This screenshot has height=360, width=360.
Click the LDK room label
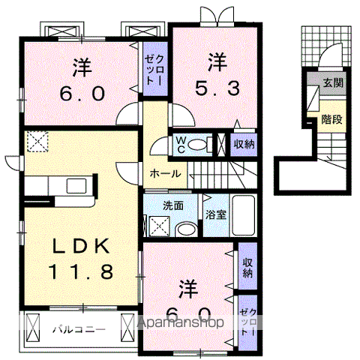(81, 246)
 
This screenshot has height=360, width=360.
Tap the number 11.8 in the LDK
(81, 271)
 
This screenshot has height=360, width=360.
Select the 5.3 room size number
(217, 88)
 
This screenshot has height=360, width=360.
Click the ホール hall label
(165, 173)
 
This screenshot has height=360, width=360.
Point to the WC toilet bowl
(197, 145)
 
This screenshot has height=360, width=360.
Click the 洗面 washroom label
(173, 205)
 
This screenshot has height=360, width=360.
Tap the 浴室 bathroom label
(216, 214)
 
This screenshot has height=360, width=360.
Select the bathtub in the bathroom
(244, 215)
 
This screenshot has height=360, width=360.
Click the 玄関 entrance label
(333, 82)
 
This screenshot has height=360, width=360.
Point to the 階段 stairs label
(331, 119)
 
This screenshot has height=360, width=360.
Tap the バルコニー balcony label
(79, 330)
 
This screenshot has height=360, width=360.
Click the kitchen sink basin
(76, 186)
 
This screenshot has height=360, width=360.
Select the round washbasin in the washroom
(186, 229)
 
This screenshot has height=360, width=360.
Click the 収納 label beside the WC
(244, 145)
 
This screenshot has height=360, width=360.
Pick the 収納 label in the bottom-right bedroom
(247, 268)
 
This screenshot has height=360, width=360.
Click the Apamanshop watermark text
(181, 322)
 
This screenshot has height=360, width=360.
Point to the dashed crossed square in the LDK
(37, 142)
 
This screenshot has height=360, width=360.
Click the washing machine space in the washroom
(160, 226)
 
